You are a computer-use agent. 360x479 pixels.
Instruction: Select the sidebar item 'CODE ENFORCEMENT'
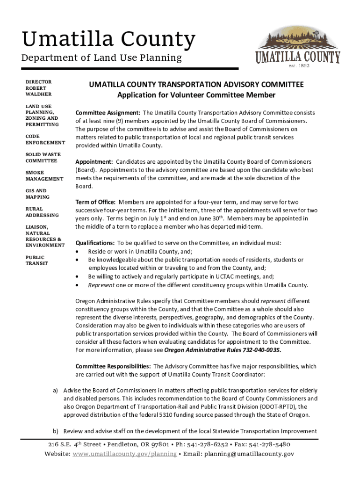click(45, 139)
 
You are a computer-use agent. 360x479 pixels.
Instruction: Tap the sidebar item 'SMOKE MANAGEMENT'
click(44, 176)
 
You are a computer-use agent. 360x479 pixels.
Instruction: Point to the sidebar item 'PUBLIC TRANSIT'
click(35, 260)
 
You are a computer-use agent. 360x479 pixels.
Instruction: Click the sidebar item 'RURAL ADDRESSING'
click(42, 212)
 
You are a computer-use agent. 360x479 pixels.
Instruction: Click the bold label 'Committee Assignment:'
click(108, 113)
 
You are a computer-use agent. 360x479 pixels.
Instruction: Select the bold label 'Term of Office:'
click(95, 202)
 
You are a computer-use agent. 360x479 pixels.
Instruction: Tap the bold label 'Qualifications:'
click(95, 243)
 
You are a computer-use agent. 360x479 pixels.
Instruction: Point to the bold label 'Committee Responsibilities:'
click(113, 366)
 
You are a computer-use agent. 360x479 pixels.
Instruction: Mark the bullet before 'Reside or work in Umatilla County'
click(78, 252)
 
